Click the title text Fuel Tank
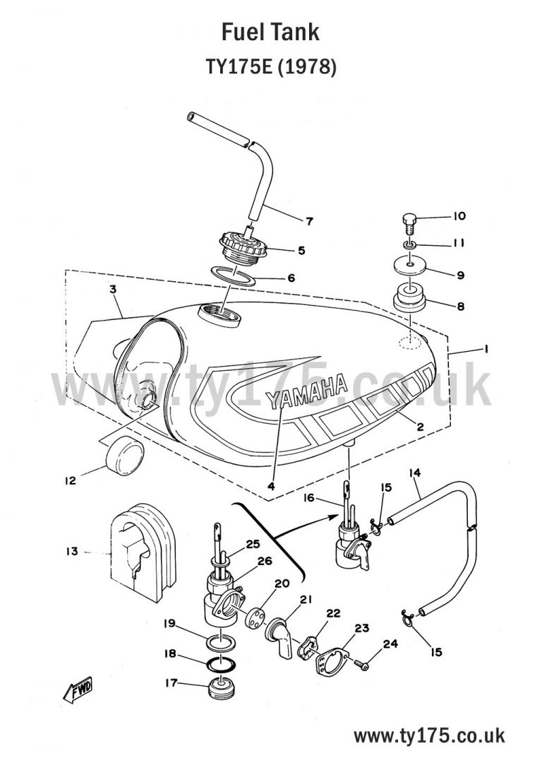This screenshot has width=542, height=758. click(x=270, y=32)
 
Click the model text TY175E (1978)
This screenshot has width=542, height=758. click(x=270, y=67)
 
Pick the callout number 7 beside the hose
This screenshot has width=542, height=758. click(x=309, y=221)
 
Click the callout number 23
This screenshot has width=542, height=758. click(x=362, y=628)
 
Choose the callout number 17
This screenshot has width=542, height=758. click(x=170, y=683)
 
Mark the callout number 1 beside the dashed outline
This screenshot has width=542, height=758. click(x=486, y=349)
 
